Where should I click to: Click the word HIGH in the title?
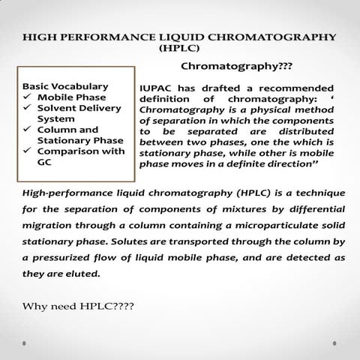click(x=40, y=37)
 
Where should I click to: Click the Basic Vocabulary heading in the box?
click(x=66, y=85)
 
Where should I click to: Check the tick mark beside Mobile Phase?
click(x=28, y=97)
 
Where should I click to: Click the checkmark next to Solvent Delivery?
click(x=28, y=107)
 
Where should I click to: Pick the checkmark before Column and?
click(x=28, y=129)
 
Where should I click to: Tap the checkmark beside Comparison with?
click(x=28, y=151)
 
